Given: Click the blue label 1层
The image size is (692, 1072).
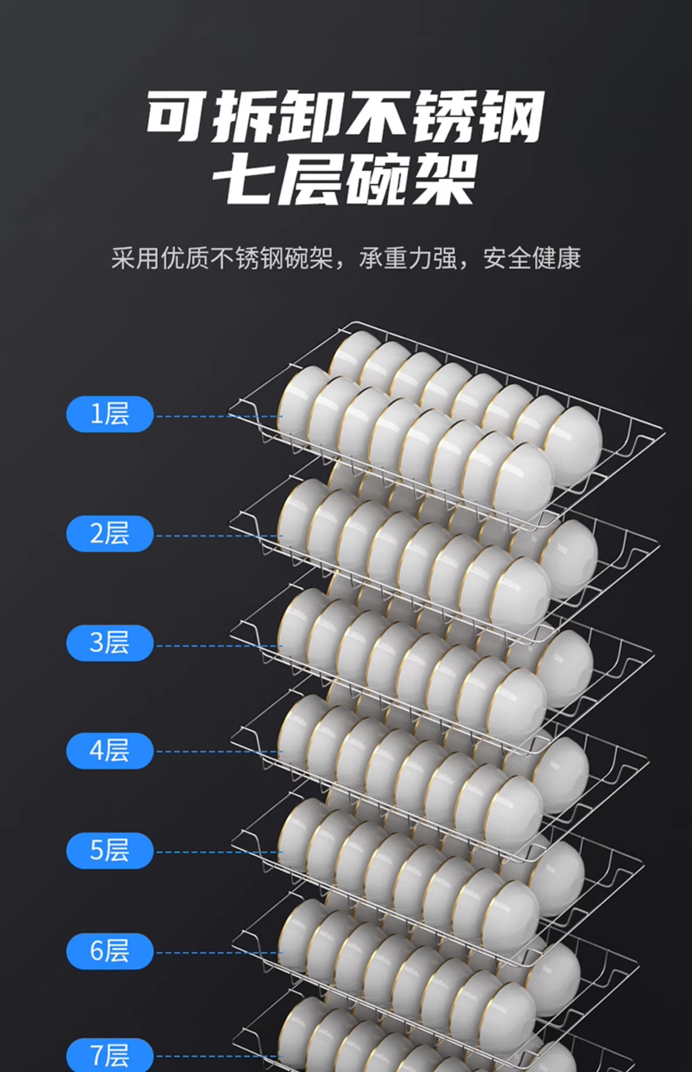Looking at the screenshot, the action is [110, 414].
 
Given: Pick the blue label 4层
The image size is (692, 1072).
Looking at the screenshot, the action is [110, 751].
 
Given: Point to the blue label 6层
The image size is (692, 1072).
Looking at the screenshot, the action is [110, 951].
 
